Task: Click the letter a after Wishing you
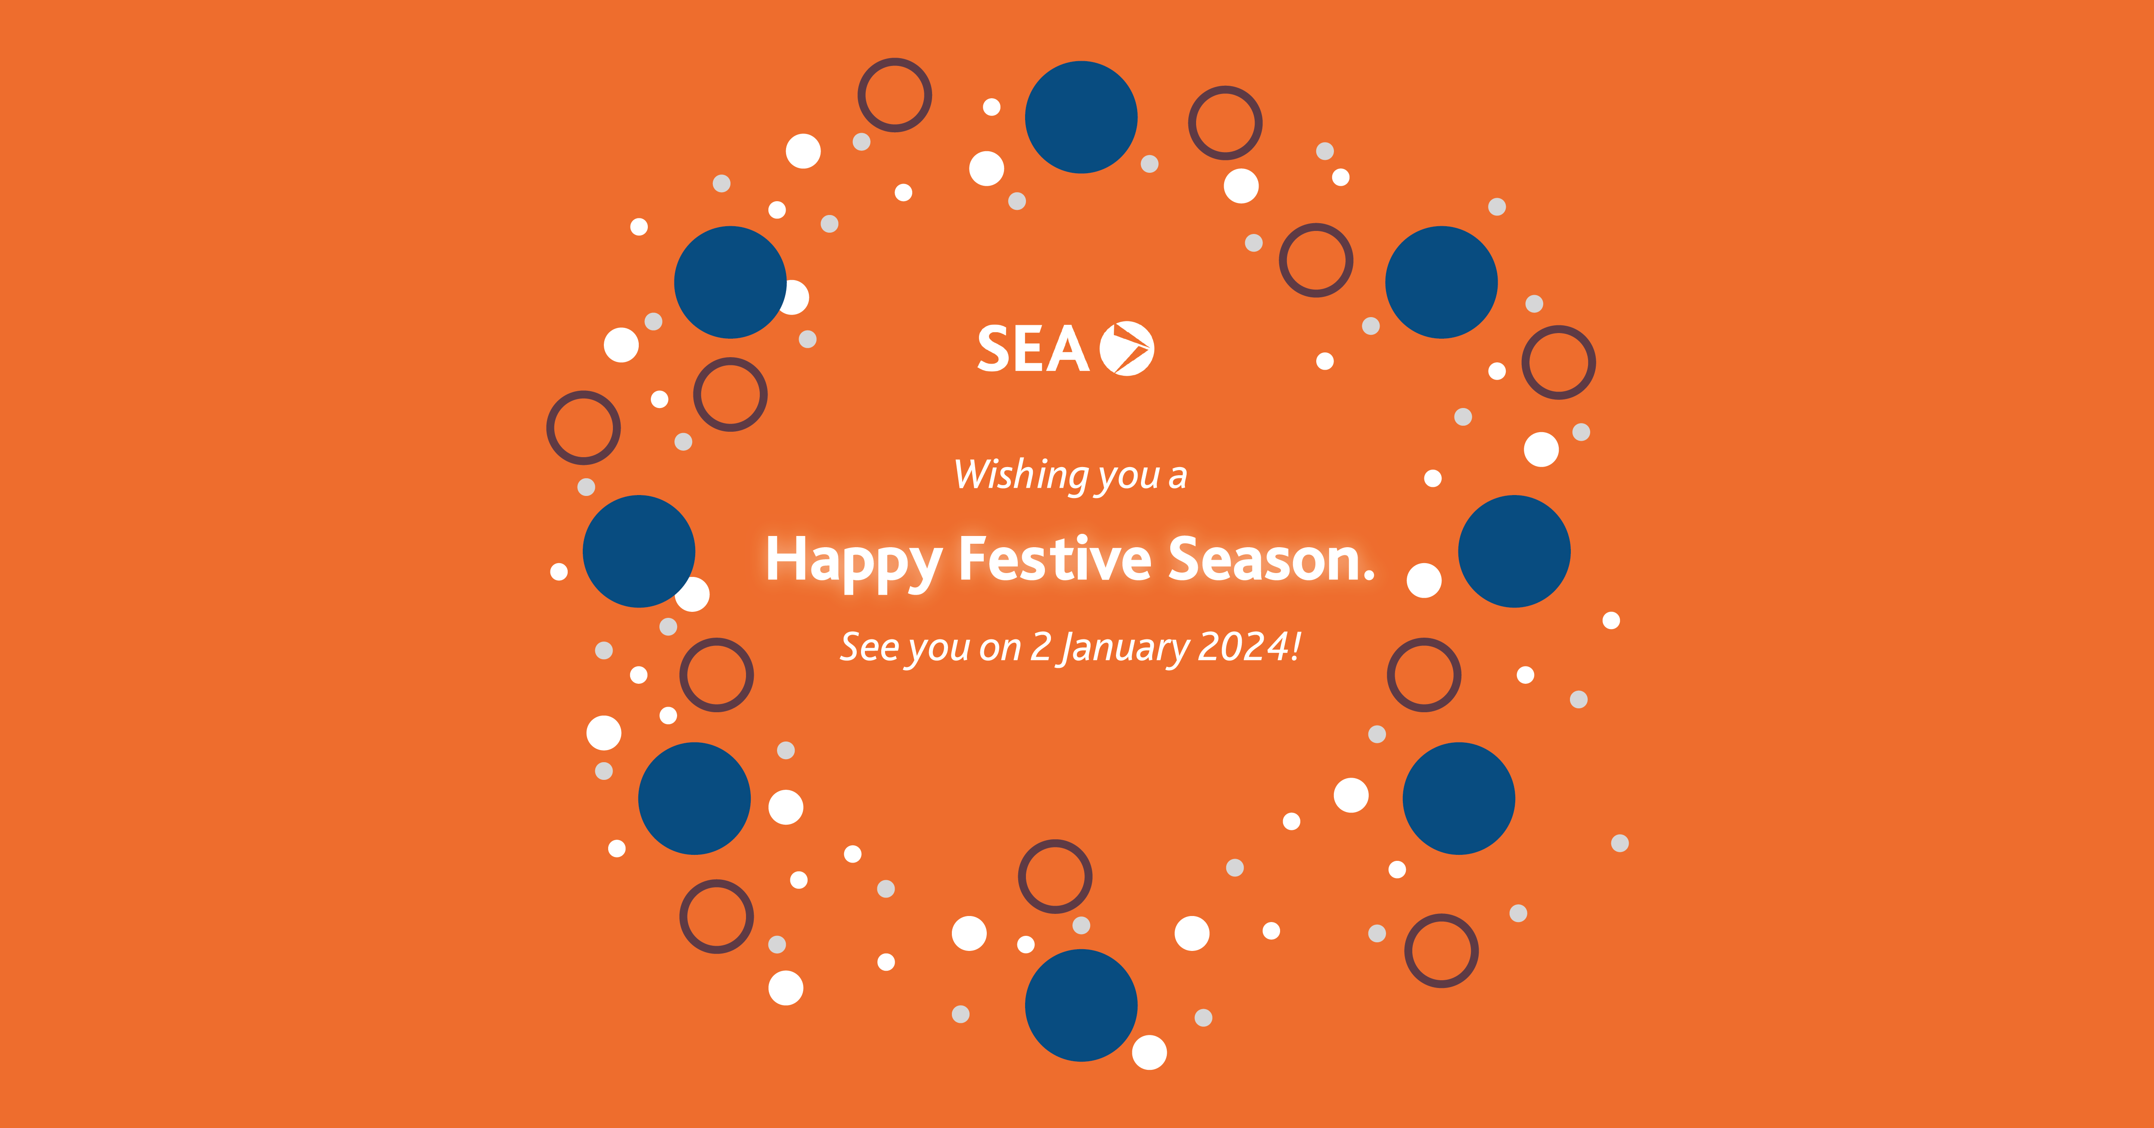tap(1177, 477)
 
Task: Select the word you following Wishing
tap(1129, 477)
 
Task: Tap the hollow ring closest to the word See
tap(717, 675)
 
